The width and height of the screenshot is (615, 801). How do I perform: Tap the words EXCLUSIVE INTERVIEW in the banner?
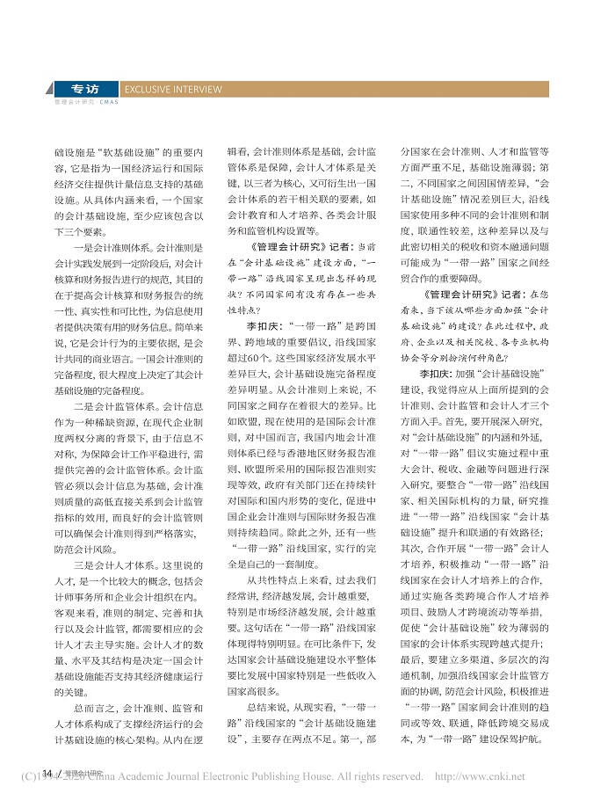click(174, 90)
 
